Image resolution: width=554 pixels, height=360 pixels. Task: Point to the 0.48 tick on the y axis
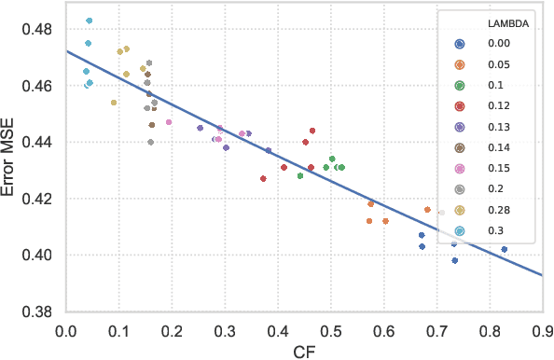point(37,29)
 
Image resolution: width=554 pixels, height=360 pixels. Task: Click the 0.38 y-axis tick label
point(37,312)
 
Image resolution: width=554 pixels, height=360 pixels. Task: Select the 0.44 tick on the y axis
point(37,143)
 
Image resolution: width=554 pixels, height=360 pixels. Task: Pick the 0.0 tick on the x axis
point(65,329)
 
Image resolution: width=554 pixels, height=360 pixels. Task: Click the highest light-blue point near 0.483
point(89,21)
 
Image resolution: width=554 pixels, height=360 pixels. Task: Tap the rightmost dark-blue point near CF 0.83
point(505,249)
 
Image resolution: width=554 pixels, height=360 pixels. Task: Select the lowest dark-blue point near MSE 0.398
point(455,260)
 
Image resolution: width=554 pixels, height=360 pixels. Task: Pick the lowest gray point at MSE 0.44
point(151,142)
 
